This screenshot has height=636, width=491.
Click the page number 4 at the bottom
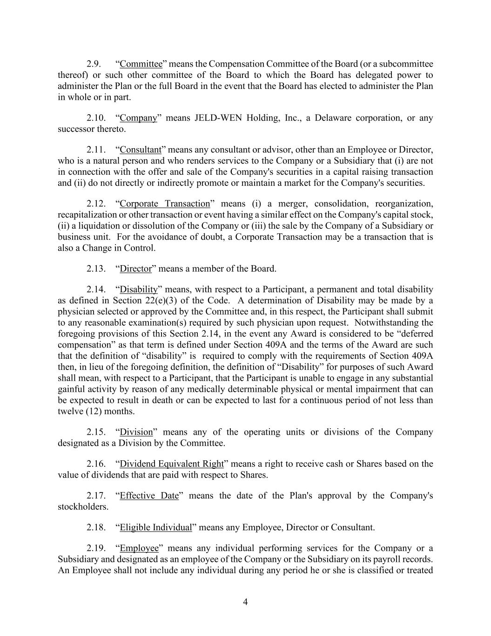pos(245,602)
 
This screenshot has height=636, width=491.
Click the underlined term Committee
pos(141,64)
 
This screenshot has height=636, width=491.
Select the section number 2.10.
pos(96,118)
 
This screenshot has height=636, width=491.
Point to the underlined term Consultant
pos(141,150)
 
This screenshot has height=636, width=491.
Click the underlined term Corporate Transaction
pos(165,204)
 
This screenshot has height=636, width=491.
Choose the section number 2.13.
pos(96,269)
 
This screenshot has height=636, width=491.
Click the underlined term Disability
pos(139,290)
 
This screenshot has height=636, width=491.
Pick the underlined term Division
pos(136,432)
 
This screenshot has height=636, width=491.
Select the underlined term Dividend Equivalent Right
pos(172,464)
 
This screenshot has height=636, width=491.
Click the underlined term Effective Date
pos(149,496)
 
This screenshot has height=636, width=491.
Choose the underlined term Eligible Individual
pos(156,527)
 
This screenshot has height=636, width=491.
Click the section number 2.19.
pos(96,548)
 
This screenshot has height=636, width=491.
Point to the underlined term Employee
pos(139,548)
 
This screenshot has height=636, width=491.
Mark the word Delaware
pos(331,118)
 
